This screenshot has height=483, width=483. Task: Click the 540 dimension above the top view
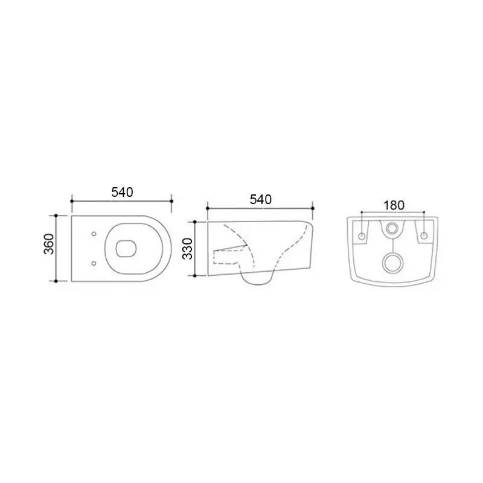click(x=122, y=193)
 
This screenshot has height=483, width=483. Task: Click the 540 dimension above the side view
click(x=261, y=200)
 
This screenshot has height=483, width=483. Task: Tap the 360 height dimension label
click(x=50, y=244)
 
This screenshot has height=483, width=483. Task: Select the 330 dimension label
click(x=188, y=249)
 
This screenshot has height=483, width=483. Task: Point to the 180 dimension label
click(x=394, y=205)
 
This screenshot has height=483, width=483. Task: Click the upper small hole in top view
click(x=94, y=234)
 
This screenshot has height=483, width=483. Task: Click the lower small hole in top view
click(x=94, y=263)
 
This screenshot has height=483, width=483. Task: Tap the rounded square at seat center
click(x=126, y=248)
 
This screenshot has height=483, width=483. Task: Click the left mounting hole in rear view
click(x=362, y=236)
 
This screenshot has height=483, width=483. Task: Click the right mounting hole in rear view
click(x=424, y=236)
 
